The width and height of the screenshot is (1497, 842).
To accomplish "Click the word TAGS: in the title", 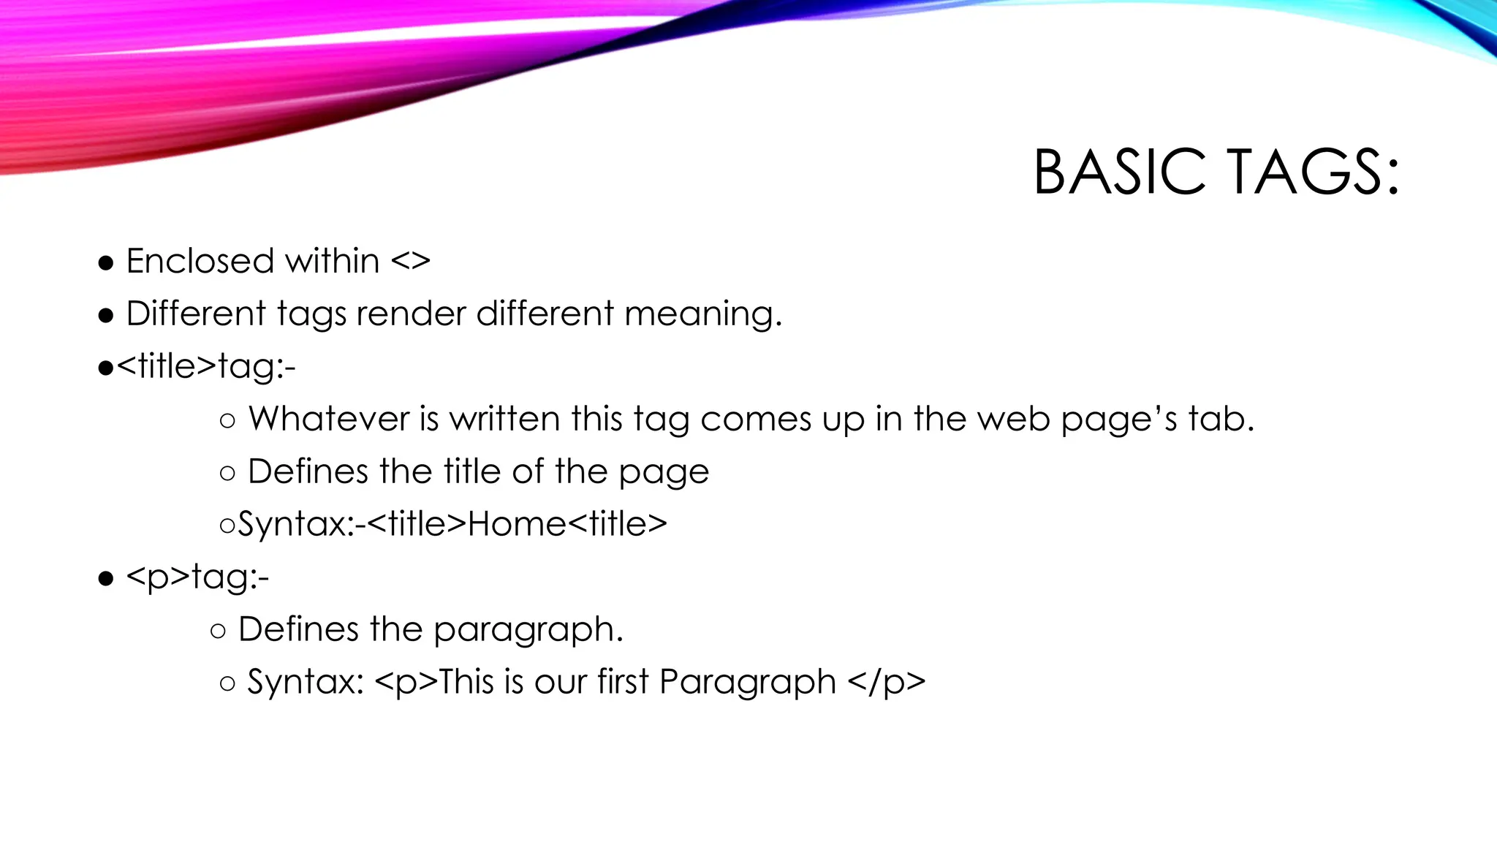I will pyautogui.click(x=1313, y=172).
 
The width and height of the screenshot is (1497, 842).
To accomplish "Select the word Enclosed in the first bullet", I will pyautogui.click(x=200, y=261).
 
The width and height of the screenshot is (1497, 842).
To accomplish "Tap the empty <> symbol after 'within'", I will pyautogui.click(x=410, y=262).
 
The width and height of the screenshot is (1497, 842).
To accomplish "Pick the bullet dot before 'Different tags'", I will pyautogui.click(x=106, y=316).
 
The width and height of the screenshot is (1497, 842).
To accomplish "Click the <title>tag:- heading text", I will pyautogui.click(x=206, y=365).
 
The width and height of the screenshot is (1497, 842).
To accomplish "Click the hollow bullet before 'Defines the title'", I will pyautogui.click(x=227, y=473).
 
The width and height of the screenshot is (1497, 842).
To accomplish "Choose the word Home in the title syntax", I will pyautogui.click(x=516, y=524).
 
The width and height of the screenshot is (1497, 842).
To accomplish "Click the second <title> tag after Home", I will pyautogui.click(x=617, y=524).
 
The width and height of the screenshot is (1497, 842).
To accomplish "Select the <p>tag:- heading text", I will pyautogui.click(x=197, y=577).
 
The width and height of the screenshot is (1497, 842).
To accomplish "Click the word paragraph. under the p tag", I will pyautogui.click(x=528, y=630).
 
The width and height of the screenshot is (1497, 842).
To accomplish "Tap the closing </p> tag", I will pyautogui.click(x=887, y=683).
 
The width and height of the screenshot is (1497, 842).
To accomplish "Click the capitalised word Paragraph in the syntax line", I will pyautogui.click(x=747, y=683).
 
